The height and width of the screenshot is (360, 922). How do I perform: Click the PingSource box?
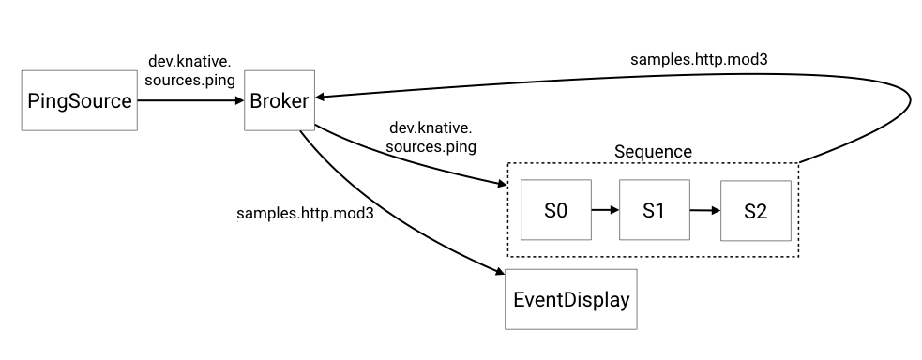pyautogui.click(x=80, y=100)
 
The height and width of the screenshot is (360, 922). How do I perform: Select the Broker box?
pyautogui.click(x=280, y=100)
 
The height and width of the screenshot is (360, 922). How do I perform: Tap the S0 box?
pyautogui.click(x=556, y=210)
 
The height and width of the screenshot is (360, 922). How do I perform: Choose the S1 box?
pyautogui.click(x=654, y=210)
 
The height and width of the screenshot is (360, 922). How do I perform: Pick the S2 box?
pyautogui.click(x=755, y=211)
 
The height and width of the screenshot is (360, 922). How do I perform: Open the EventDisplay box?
pyautogui.click(x=571, y=300)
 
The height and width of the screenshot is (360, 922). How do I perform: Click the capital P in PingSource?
pyautogui.click(x=34, y=100)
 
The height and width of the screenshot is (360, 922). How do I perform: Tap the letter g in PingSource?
pyautogui.click(x=63, y=103)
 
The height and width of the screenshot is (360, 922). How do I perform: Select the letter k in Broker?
pyautogui.click(x=283, y=100)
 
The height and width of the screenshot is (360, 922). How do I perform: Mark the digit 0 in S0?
pyautogui.click(x=562, y=210)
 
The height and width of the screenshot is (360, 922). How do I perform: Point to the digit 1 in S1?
pyautogui.click(x=659, y=210)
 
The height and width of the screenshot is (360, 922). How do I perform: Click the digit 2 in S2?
pyautogui.click(x=761, y=211)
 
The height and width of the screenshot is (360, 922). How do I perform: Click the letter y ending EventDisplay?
pyautogui.click(x=624, y=303)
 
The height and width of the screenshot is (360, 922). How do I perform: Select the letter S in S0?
pyautogui.click(x=551, y=210)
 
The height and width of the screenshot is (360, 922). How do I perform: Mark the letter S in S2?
pyautogui.click(x=749, y=211)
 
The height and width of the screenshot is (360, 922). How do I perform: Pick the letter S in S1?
pyautogui.click(x=648, y=210)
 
